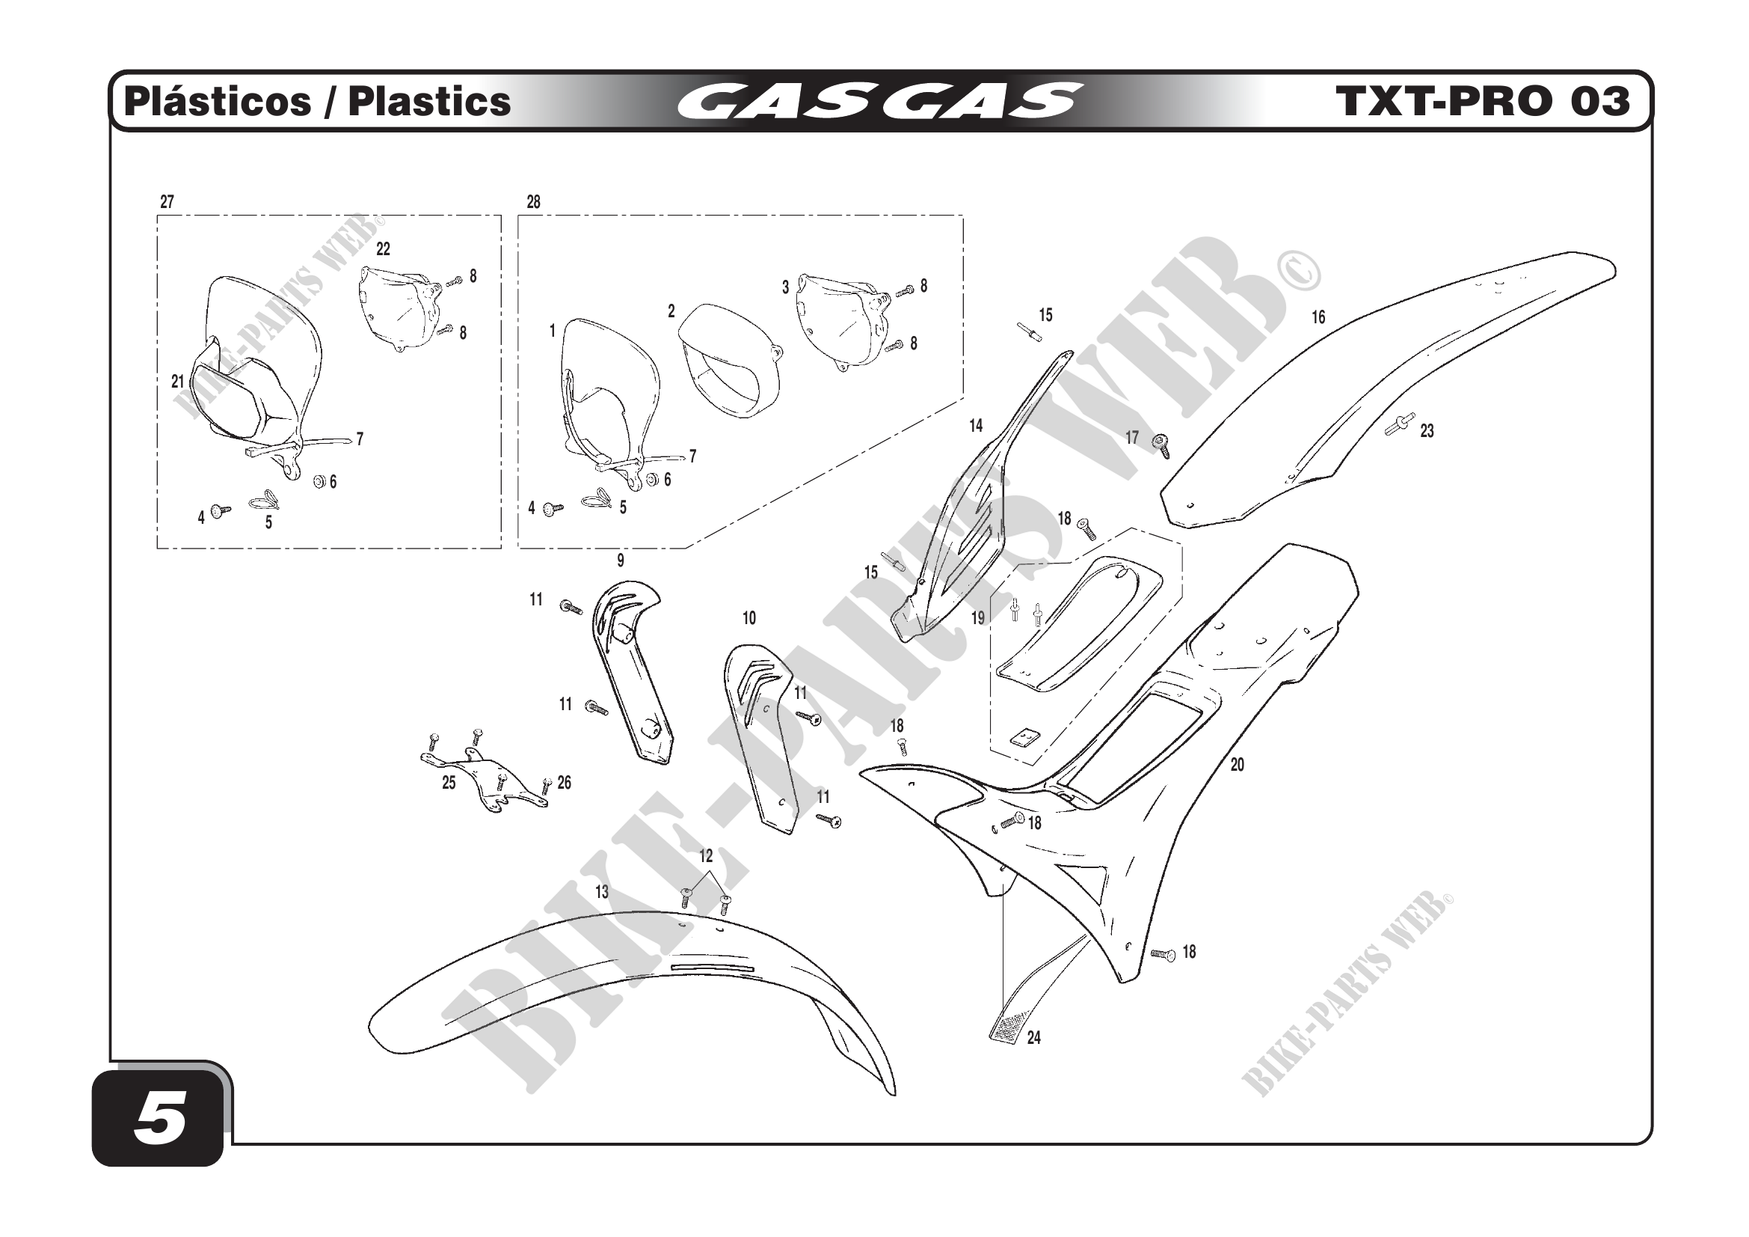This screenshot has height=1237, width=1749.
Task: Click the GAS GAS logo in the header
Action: click(880, 102)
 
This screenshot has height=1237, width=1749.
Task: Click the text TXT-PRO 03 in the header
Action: click(1482, 101)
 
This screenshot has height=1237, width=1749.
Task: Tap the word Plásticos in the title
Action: click(218, 102)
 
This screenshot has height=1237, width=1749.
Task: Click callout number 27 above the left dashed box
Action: click(167, 202)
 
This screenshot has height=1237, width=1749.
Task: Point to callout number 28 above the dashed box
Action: click(533, 202)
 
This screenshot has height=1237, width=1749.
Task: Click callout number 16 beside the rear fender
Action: click(1318, 317)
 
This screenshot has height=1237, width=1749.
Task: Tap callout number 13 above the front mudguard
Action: click(602, 892)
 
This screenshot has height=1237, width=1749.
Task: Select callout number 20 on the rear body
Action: click(1237, 765)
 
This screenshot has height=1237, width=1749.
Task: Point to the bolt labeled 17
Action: click(1161, 445)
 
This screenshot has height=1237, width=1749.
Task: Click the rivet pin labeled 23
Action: click(1399, 424)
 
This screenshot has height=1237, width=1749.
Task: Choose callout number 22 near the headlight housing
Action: click(383, 249)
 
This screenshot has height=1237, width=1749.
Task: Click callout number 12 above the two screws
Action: click(705, 856)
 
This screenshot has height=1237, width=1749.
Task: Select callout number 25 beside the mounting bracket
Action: click(449, 783)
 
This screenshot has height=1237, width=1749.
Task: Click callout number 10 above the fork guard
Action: click(749, 618)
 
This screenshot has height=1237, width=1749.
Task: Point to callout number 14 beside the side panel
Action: click(976, 426)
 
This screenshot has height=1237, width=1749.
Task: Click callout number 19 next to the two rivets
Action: click(977, 618)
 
